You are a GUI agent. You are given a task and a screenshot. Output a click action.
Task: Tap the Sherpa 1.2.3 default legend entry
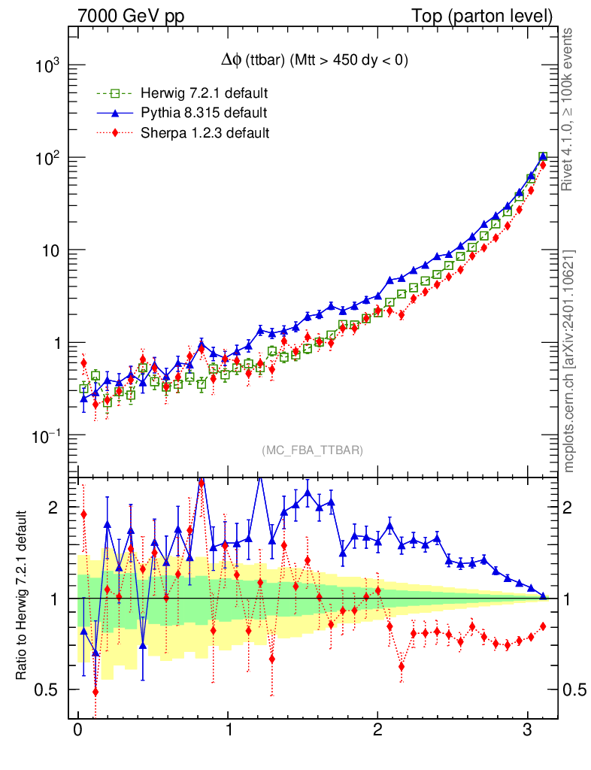coord(205,133)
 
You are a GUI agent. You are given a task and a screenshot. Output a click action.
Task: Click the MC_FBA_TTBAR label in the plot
coord(313,450)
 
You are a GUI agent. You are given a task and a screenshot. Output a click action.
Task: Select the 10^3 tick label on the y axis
coord(47,66)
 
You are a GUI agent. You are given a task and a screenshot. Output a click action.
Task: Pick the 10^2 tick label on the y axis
coord(47,159)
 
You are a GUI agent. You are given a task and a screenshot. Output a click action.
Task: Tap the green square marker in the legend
coord(115,94)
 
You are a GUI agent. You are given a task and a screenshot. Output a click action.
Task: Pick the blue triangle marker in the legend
coord(115,113)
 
